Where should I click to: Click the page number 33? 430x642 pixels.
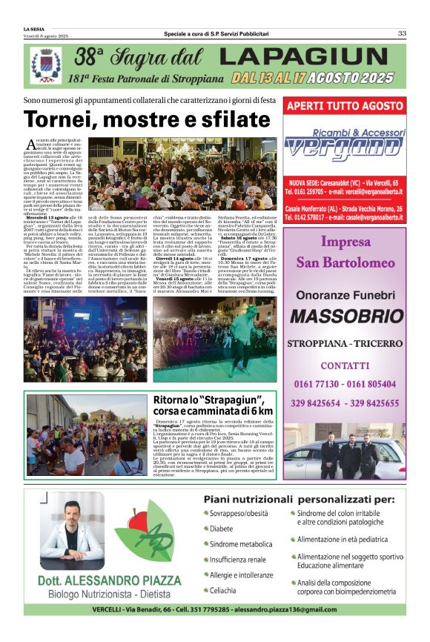pos(402,33)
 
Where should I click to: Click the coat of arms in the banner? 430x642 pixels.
pos(46,65)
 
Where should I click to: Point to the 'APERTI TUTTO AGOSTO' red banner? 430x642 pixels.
pos(345,106)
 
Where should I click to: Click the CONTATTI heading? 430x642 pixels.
pos(345,366)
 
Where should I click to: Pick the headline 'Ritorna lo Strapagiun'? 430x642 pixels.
pos(213,405)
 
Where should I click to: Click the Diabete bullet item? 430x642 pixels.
pos(222,529)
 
